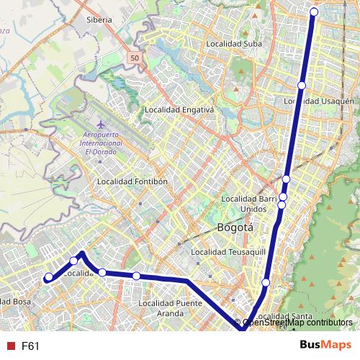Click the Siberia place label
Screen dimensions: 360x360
(99, 20)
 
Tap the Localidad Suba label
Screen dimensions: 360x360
(234, 43)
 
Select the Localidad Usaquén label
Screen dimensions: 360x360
(319, 102)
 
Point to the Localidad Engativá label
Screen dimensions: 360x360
(179, 110)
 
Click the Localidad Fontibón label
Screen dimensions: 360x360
(132, 181)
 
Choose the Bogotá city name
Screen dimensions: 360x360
(235, 228)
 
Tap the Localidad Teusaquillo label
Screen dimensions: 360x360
(228, 253)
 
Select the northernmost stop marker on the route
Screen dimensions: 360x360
(314, 12)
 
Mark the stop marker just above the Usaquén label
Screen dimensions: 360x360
(301, 86)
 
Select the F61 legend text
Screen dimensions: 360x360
(30, 346)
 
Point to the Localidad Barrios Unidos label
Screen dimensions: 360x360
(249, 203)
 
